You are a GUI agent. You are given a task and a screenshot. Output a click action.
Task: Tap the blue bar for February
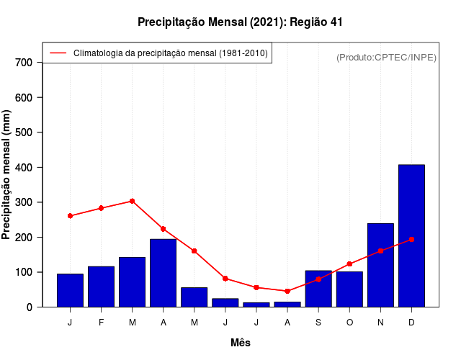(101, 287)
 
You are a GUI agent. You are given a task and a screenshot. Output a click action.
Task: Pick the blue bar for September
(318, 289)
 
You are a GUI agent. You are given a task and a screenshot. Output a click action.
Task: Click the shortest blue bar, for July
(256, 305)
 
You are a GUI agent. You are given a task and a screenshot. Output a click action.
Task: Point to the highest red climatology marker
(132, 201)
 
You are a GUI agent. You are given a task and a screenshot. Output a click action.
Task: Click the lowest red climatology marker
(287, 291)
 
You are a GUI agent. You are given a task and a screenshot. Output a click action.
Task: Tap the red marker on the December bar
(411, 239)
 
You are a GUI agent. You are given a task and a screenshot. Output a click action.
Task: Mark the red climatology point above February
(101, 208)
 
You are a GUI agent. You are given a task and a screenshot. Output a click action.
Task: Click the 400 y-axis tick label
(24, 168)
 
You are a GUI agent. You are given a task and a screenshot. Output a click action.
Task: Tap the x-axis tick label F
(101, 323)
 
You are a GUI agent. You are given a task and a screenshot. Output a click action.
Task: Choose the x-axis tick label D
(411, 323)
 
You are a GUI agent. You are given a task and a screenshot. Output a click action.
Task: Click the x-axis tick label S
(318, 323)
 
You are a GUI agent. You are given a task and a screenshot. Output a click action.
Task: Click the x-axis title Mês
(241, 343)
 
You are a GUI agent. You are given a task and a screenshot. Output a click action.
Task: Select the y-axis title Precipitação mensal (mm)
(7, 175)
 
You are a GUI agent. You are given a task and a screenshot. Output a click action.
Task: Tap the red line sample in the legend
(58, 53)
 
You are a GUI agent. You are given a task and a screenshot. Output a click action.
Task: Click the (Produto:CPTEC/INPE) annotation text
(386, 57)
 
